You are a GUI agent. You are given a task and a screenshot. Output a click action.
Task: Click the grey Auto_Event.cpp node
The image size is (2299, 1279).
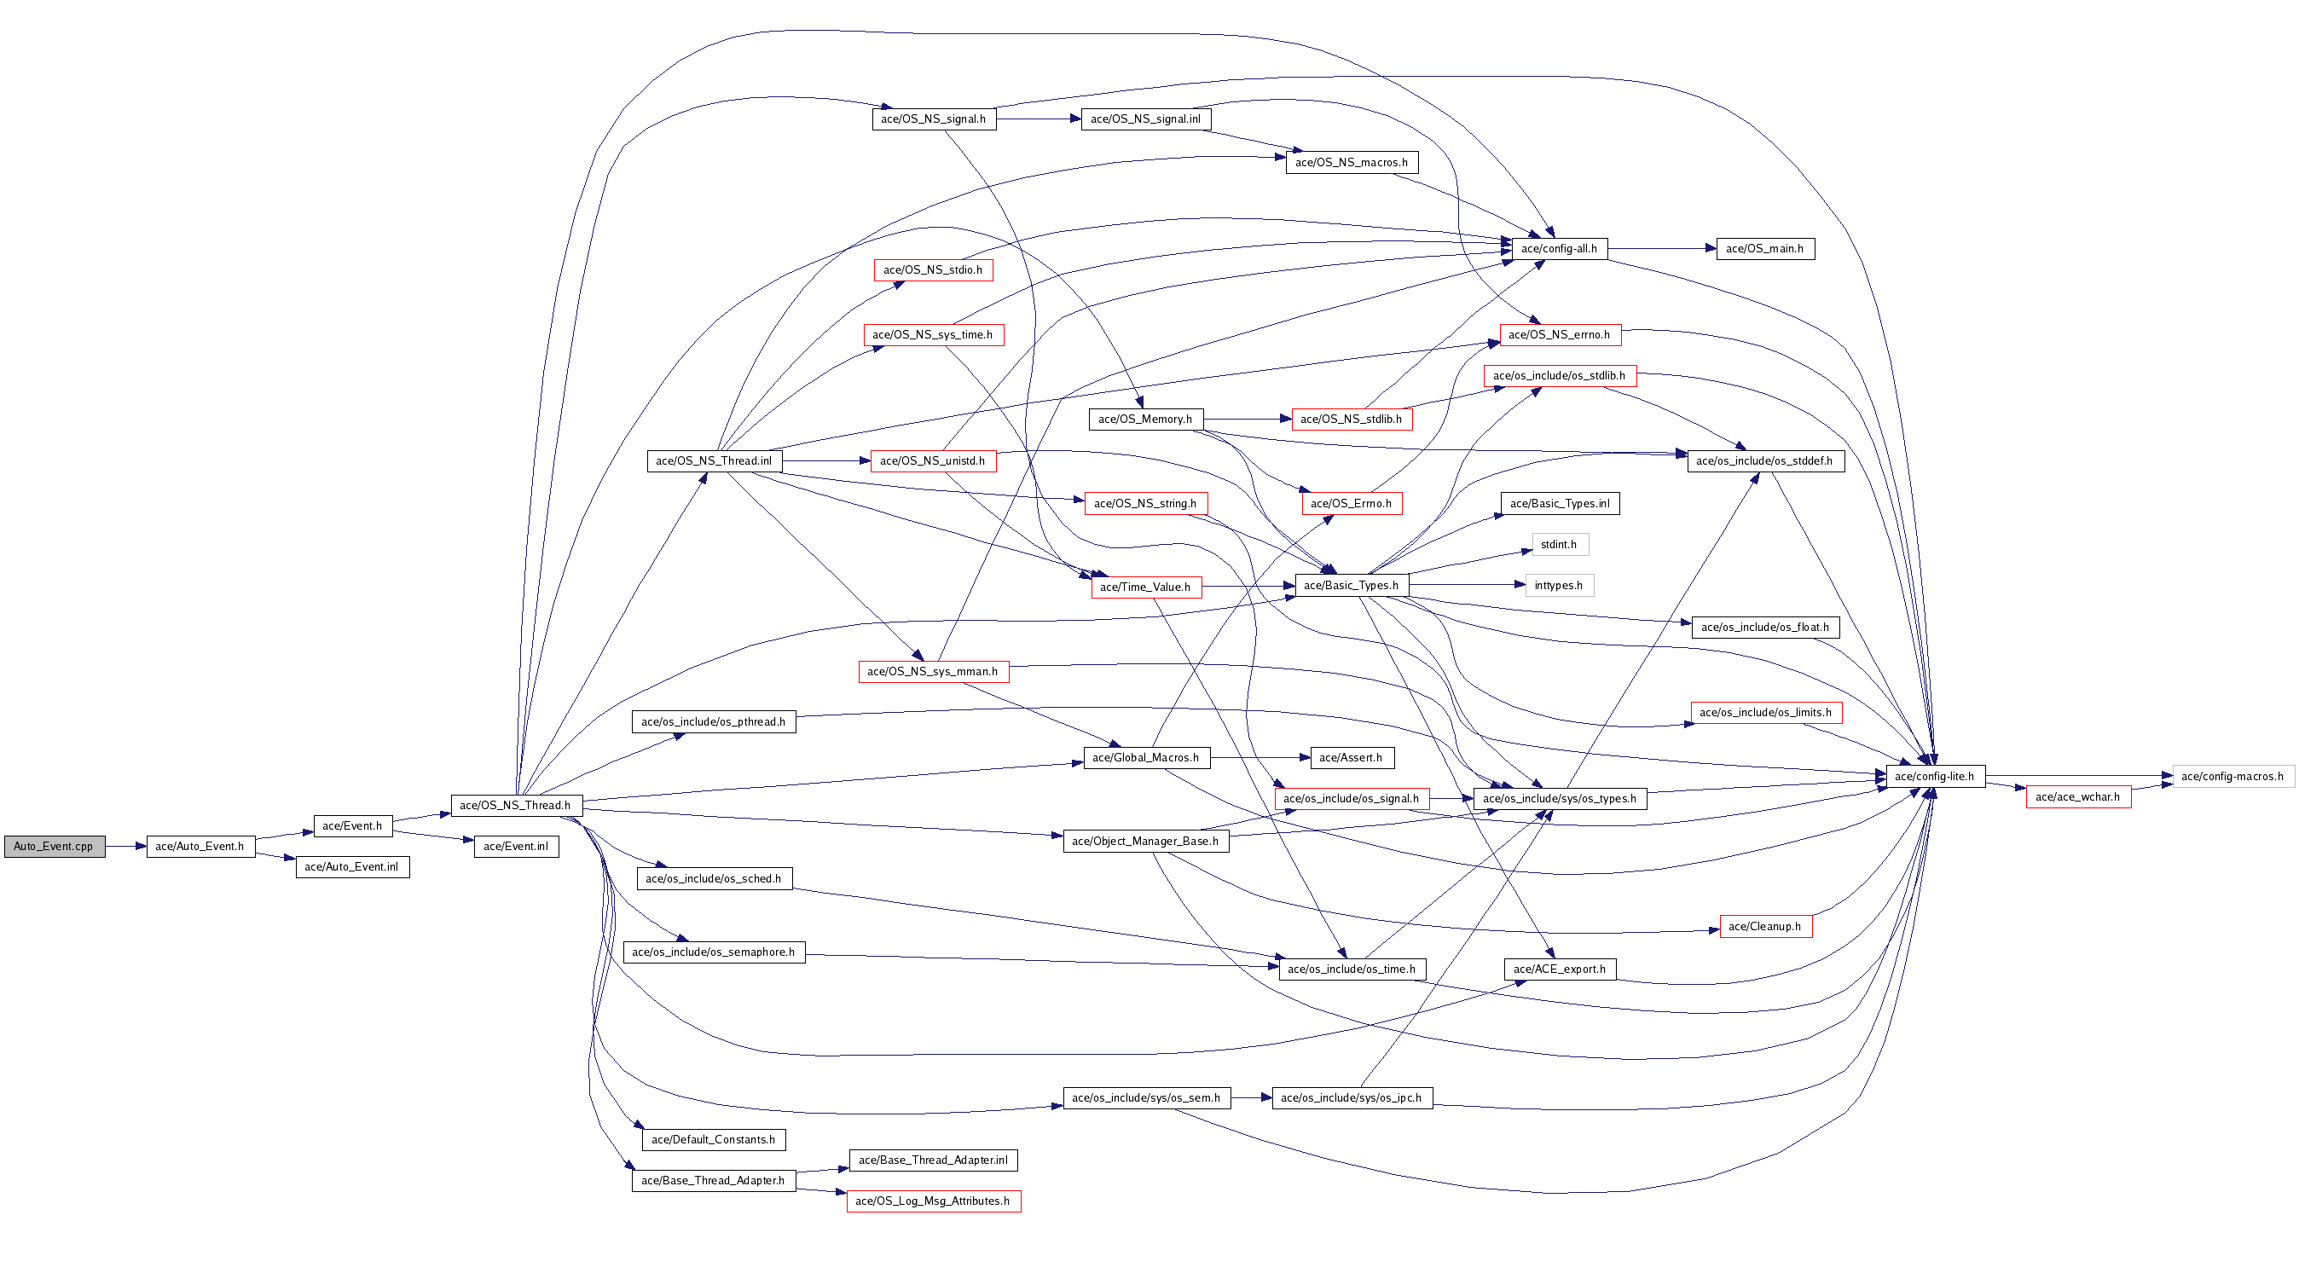55,846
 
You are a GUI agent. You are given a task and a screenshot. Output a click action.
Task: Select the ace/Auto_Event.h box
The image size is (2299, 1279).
200,846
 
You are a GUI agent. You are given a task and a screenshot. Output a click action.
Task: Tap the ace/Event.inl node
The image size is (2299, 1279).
517,846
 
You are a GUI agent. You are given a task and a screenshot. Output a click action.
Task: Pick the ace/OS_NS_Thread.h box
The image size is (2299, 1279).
517,805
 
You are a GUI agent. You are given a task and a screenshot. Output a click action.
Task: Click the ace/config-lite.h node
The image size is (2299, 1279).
1935,777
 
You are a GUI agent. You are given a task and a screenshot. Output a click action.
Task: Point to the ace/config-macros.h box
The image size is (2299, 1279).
2233,777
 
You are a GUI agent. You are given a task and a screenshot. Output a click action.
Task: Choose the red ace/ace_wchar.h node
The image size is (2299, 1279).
2078,797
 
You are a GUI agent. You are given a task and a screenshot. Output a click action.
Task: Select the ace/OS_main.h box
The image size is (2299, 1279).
1765,249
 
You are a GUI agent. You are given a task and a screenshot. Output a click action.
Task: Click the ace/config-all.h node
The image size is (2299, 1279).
1560,249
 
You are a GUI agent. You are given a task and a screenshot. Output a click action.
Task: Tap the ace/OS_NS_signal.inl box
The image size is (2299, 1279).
1146,119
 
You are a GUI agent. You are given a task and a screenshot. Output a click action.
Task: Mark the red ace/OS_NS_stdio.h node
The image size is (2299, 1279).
934,269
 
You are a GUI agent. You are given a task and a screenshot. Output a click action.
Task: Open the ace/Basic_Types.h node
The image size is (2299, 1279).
1352,586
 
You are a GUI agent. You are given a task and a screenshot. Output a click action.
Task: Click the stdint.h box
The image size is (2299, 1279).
1560,545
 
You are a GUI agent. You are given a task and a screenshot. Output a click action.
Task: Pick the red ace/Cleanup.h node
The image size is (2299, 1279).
1765,927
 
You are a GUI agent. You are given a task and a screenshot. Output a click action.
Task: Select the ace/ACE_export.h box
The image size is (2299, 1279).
1560,969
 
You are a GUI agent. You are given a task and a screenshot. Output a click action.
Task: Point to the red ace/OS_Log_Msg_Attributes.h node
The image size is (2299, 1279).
934,1201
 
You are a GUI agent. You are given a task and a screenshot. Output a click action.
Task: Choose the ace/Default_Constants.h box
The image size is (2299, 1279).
714,1140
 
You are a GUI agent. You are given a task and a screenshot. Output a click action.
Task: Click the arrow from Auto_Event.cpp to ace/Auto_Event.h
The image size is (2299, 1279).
126,846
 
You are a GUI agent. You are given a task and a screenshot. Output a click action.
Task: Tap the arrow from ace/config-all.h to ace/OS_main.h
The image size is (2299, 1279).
1662,249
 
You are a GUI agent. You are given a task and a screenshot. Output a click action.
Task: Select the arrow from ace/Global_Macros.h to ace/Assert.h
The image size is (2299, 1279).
1260,758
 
